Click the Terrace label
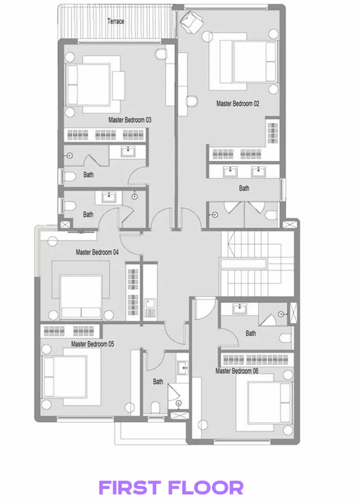[x=116, y=22]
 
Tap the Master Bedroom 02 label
[x=237, y=104]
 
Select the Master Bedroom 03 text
[x=130, y=120]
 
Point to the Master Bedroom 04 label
[x=97, y=253]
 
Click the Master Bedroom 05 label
[x=93, y=343]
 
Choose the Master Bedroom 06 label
[x=237, y=371]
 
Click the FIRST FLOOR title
[x=171, y=487]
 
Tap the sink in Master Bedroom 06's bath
[x=240, y=308]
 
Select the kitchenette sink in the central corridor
[x=150, y=308]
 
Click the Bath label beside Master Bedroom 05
[x=158, y=381]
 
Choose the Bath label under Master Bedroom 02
[x=244, y=188]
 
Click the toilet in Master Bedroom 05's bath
[x=155, y=406]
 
